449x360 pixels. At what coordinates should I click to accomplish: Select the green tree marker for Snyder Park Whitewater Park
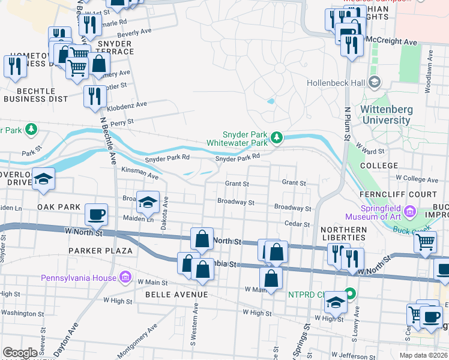pos(276,139)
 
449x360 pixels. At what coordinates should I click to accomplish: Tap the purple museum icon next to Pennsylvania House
pos(125,277)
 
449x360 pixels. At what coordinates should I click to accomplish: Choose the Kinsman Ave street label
pos(140,175)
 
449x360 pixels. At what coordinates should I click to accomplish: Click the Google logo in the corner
pos(20,353)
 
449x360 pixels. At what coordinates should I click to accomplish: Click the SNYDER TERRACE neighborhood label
pos(115,48)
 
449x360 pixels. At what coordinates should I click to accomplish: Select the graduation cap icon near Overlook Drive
pos(43,179)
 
